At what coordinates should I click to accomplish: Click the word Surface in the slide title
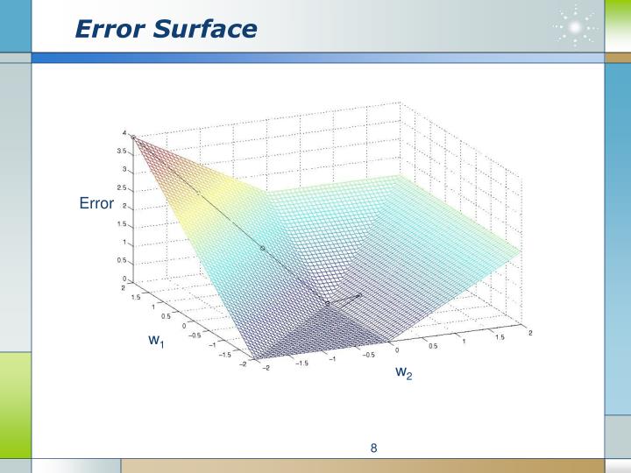203,30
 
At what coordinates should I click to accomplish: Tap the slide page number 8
373,449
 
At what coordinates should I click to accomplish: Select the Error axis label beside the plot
96,203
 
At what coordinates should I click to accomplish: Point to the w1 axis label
156,340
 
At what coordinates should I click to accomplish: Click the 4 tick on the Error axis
124,133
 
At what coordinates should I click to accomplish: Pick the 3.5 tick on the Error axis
123,152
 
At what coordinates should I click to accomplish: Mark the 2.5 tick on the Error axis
123,188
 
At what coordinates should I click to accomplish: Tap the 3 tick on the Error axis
124,170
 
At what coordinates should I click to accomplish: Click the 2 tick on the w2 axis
530,332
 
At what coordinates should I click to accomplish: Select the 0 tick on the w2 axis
397,349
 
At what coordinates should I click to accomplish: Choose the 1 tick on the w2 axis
464,341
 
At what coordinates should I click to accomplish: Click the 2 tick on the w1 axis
124,287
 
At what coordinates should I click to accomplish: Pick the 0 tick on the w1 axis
184,325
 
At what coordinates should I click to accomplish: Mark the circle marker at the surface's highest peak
133,137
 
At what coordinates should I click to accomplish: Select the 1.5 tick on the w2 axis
500,336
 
